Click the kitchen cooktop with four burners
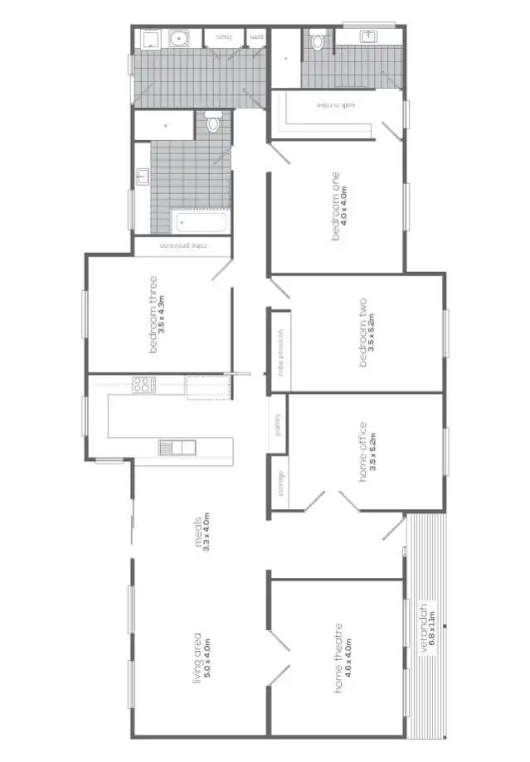(143, 385)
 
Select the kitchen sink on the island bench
(177, 448)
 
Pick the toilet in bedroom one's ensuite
(318, 41)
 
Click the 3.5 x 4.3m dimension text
(163, 316)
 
